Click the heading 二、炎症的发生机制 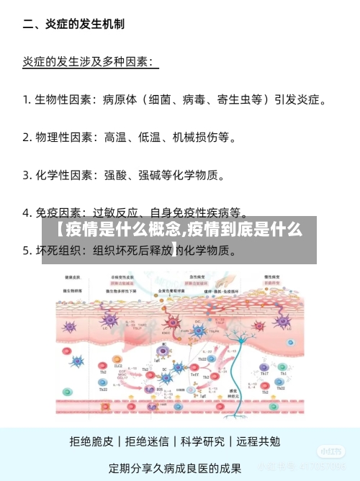(73, 24)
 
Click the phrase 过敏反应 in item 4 (116, 212)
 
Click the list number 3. (27, 174)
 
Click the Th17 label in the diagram (264, 373)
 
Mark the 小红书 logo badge (330, 451)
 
